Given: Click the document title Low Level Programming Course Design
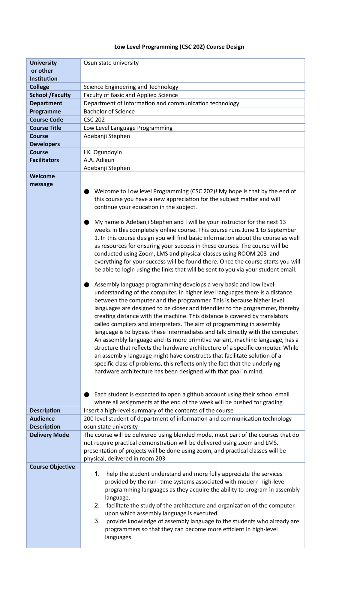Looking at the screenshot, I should coord(179,47).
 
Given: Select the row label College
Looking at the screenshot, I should coord(39,87).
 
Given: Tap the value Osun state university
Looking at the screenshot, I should coord(111,63).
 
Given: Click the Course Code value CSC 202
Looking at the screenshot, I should coord(94,120).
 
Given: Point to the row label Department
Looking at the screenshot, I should coord(46,104).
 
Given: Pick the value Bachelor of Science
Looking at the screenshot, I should coord(109,112).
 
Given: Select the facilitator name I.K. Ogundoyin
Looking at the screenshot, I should coord(103,152).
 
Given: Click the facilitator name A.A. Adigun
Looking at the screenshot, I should coord(99,160).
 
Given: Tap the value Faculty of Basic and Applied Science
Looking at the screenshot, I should coord(130,95).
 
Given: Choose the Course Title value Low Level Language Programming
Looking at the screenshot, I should coord(128,128).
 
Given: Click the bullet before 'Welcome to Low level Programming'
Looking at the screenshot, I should coord(87,191).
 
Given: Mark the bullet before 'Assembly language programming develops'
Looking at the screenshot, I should coord(87,284).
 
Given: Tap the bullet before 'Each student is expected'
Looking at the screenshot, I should coord(87,394).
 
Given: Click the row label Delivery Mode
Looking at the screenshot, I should coord(49,435).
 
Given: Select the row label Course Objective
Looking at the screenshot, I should coord(52,467).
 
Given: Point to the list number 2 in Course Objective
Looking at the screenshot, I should coord(97,506).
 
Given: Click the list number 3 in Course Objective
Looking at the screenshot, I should coord(97,521).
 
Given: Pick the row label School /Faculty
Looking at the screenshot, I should coord(50,95).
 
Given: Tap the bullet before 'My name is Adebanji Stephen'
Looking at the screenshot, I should coord(87,222).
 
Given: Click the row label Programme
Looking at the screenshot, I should coord(45,112).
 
